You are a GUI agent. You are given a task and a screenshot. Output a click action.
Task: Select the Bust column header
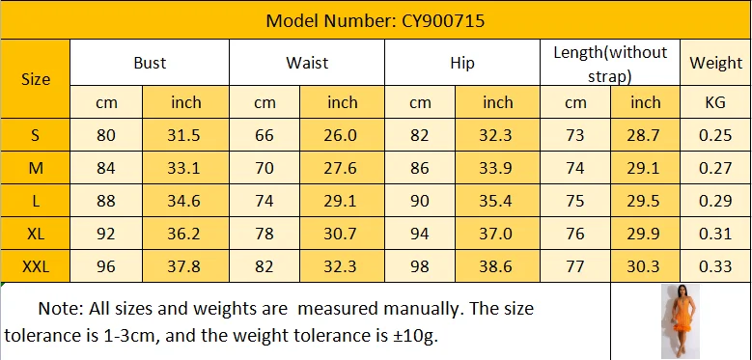coord(150,63)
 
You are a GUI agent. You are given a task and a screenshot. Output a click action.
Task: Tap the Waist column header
coord(307,63)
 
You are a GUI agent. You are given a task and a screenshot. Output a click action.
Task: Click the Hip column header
coord(462,63)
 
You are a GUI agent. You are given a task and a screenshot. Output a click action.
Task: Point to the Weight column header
coord(715,63)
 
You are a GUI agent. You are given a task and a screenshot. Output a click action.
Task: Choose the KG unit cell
coord(715,101)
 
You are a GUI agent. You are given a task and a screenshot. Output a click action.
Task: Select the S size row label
coord(36,135)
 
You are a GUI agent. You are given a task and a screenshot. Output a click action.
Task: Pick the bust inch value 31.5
coord(185,135)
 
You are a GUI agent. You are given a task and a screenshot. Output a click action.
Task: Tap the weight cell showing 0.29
coord(715,200)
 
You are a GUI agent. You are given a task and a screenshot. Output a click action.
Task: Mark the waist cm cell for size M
coord(264,168)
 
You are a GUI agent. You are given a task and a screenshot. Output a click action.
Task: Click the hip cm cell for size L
coord(420,200)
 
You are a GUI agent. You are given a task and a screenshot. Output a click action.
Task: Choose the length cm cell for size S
coord(575,135)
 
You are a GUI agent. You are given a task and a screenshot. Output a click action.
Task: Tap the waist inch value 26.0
coord(342,135)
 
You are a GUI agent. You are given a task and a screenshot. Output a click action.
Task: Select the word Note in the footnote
coord(60,310)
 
